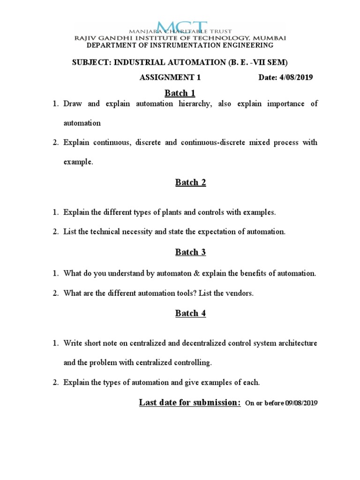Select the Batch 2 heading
coord(191,182)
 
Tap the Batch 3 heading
coord(191,252)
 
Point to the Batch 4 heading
coord(191,313)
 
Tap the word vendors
coord(240,293)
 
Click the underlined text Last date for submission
coord(190,402)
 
